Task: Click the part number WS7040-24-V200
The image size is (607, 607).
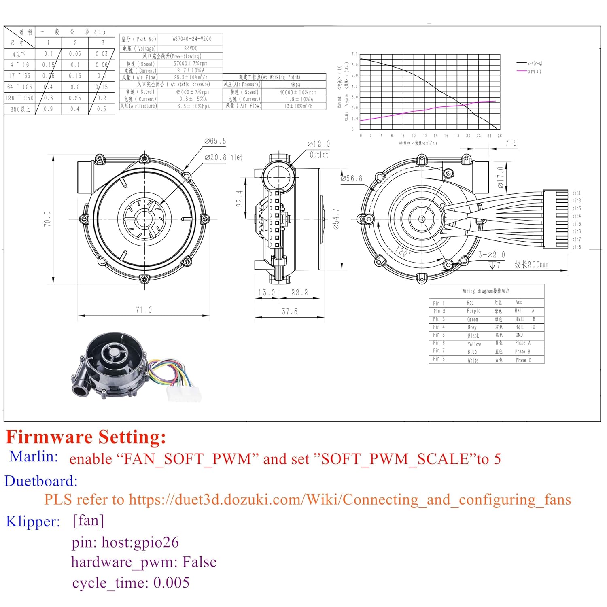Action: click(192, 39)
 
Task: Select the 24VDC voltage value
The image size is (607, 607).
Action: click(191, 48)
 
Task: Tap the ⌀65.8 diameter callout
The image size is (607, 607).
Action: click(215, 141)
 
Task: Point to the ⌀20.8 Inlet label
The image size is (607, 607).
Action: click(223, 157)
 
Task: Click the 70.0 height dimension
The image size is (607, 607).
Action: click(47, 219)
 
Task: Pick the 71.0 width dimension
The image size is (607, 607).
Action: click(143, 310)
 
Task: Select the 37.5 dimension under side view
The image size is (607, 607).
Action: click(289, 312)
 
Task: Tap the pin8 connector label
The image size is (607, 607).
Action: click(576, 247)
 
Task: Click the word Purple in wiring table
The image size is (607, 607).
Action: click(473, 311)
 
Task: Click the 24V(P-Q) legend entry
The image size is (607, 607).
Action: click(535, 63)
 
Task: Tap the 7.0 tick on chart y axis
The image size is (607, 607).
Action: click(354, 54)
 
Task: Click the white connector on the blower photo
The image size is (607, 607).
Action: click(183, 393)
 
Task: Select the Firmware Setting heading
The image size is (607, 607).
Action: click(86, 437)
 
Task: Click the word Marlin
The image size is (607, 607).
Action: click(34, 457)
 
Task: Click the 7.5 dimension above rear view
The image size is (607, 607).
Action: click(511, 143)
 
